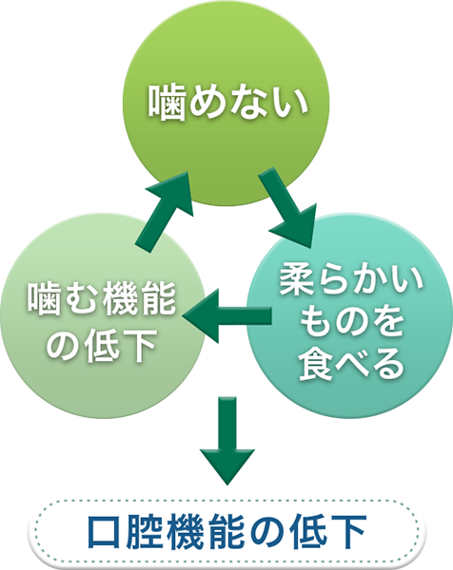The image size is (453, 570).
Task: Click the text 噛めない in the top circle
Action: (228, 103)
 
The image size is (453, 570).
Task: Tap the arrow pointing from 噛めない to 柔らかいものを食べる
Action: (288, 207)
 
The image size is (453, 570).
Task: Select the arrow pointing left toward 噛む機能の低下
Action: (226, 316)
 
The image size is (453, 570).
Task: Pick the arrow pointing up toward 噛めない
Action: (165, 212)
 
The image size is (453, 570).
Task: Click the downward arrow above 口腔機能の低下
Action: (227, 441)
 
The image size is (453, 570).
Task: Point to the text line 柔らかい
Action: (351, 281)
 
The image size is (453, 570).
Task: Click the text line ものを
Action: (351, 322)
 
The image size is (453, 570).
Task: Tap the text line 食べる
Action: (351, 363)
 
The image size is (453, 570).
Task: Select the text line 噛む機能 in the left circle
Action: (102, 300)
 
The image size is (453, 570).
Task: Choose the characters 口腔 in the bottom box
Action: (125, 531)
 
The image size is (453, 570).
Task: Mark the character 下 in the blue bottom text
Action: (347, 531)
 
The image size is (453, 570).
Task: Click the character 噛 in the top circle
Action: (166, 103)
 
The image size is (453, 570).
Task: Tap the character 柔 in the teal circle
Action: (297, 281)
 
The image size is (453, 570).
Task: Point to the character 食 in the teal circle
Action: (316, 363)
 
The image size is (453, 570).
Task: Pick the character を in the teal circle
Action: (387, 322)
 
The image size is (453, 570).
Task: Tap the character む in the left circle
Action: (83, 300)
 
